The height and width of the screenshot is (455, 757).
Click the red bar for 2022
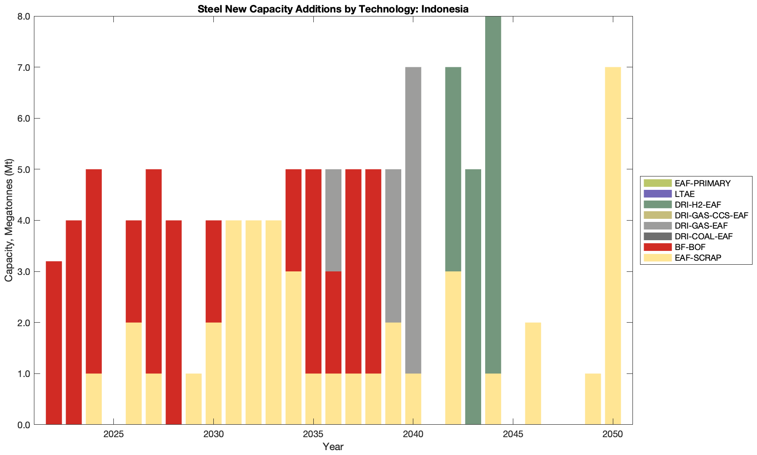point(54,343)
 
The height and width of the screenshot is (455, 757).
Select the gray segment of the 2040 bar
point(413,220)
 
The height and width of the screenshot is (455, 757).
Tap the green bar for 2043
point(473,297)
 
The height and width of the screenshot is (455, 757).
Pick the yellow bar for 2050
point(613,246)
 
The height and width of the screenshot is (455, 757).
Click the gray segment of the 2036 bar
point(333,220)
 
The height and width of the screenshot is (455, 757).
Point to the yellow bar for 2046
point(533,373)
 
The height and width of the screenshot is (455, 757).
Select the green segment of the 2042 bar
point(453,169)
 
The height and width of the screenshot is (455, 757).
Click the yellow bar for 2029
point(194,399)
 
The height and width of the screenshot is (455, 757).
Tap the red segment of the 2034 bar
point(293,220)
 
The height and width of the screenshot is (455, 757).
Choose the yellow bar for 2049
point(593,399)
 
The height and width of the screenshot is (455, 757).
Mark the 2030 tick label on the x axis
point(213,435)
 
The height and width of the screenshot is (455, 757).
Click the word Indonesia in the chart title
point(445,9)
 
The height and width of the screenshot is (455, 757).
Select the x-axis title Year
point(333,447)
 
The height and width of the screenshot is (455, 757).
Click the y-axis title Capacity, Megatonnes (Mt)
point(9,220)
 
